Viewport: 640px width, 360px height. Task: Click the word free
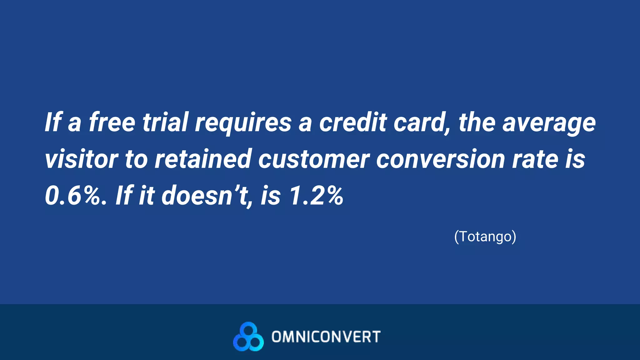[x=112, y=122]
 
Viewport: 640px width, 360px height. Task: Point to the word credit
[x=353, y=122]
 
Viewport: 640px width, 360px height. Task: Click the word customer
[x=314, y=159]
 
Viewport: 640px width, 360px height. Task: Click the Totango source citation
[x=485, y=237]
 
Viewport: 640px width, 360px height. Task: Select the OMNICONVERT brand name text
[x=326, y=337]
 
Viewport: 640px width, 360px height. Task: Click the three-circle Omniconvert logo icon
[x=248, y=337]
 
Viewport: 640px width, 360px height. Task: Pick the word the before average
[x=477, y=122]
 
